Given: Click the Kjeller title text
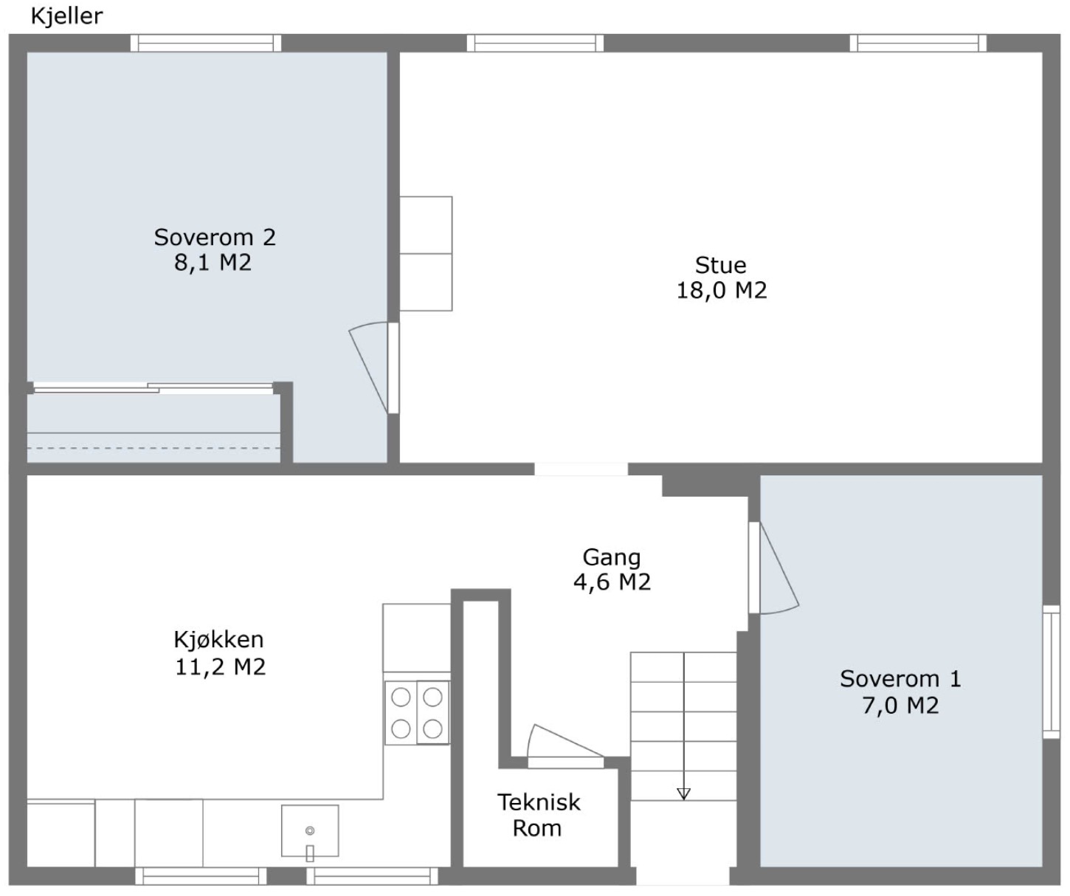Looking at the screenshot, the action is [66, 16].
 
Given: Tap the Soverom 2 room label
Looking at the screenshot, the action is [215, 238].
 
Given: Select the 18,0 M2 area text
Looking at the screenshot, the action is [722, 291].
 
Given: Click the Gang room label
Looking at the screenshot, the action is [612, 558].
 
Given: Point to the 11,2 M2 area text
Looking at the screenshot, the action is [221, 667].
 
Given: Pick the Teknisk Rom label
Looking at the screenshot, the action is [539, 815].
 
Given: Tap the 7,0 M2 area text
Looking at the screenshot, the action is [900, 706].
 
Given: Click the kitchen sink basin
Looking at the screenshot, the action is [310, 830].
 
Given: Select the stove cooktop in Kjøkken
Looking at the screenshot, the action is [417, 712].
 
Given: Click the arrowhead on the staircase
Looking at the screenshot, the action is [683, 794].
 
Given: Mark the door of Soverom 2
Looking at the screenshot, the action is [374, 368].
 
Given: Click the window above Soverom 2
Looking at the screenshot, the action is [206, 43].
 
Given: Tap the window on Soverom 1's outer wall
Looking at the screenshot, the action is [1052, 672].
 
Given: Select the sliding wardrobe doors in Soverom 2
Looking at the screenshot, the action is [153, 388].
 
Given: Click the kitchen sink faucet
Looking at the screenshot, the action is [309, 853].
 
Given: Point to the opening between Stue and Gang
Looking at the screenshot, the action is [581, 469].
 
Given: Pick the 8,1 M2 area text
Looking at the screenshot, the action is [213, 263].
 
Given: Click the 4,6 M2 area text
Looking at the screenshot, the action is [612, 582].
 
